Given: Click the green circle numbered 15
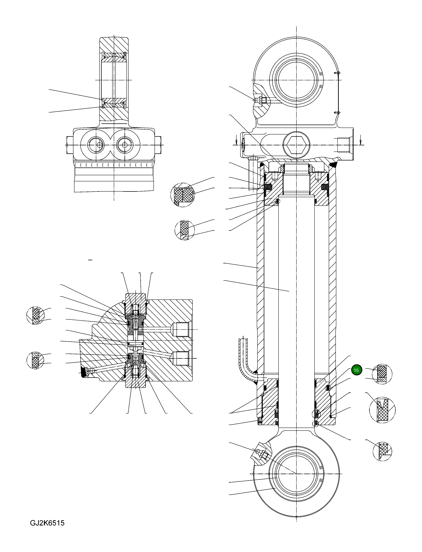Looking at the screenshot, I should [x=356, y=370].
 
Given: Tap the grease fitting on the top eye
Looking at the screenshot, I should [x=259, y=100].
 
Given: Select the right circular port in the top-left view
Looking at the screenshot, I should [x=125, y=145].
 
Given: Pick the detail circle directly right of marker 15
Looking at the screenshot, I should [x=382, y=374].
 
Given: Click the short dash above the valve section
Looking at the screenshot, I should [x=90, y=260].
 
